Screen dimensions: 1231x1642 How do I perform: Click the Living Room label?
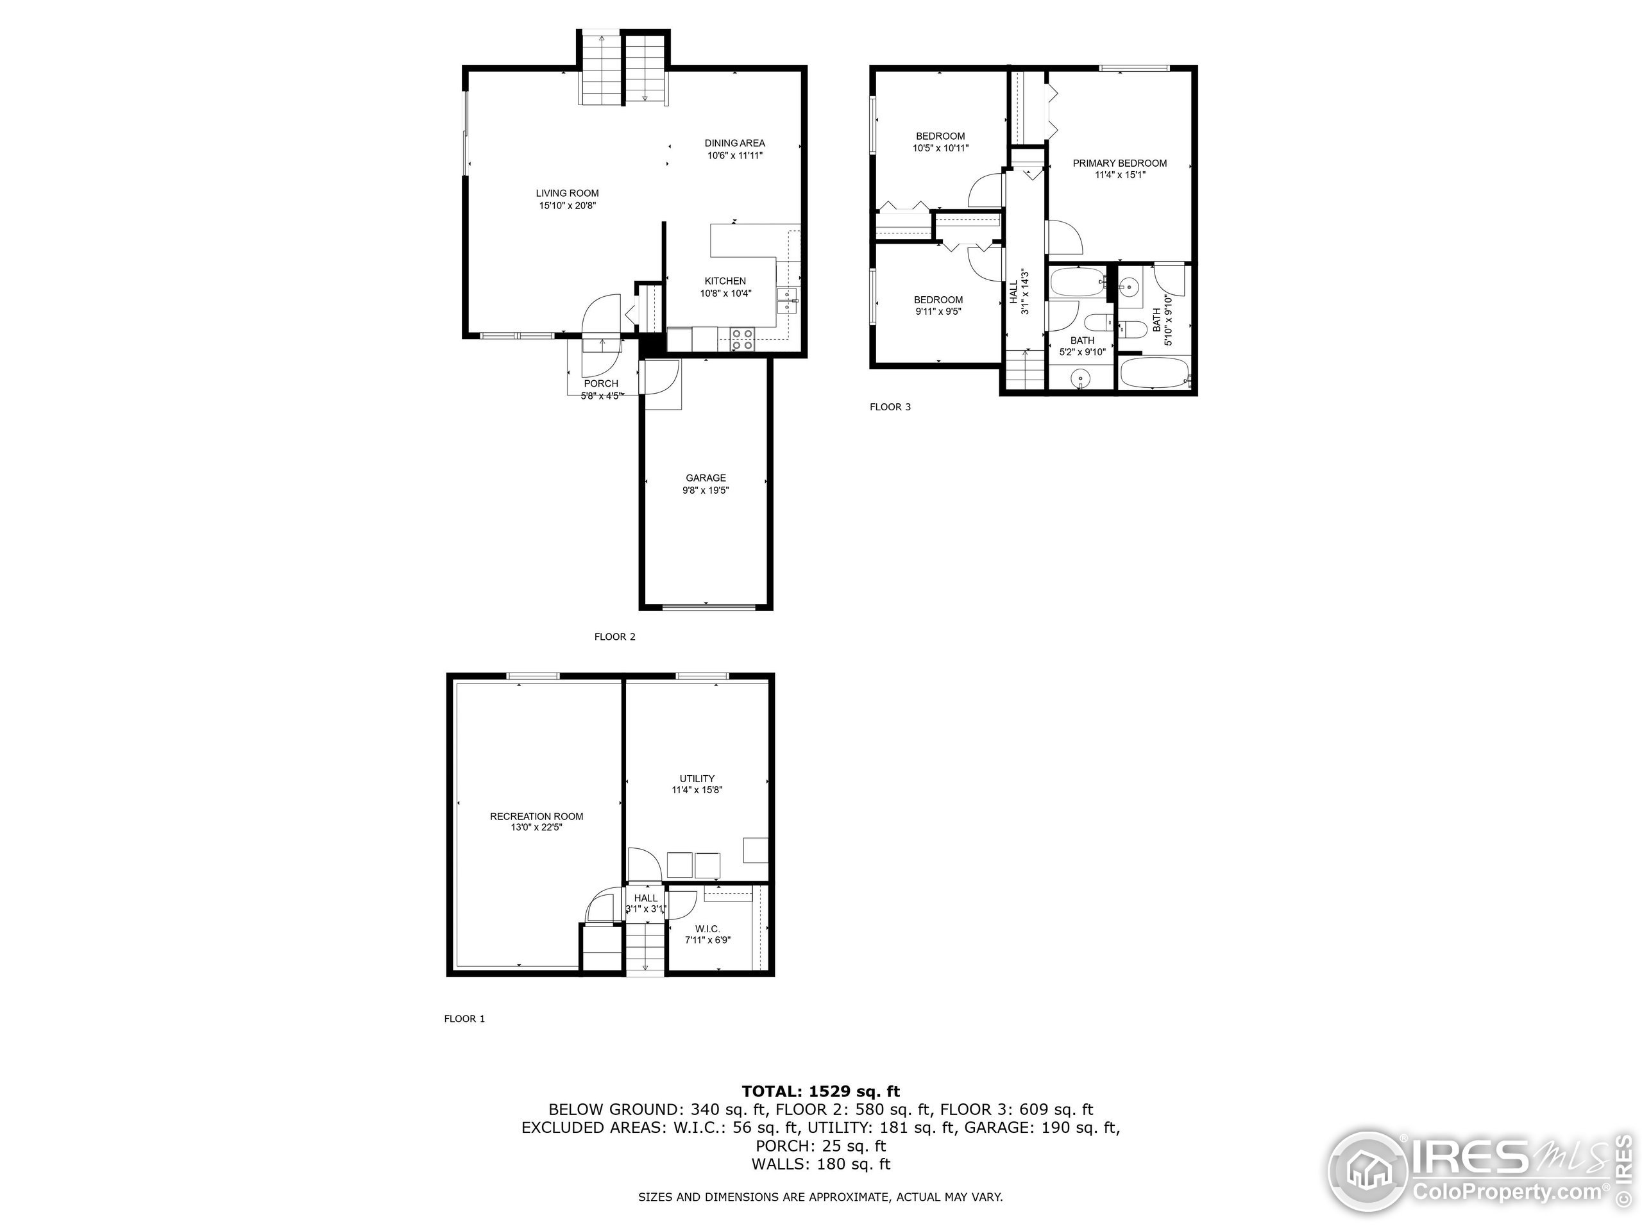[567, 193]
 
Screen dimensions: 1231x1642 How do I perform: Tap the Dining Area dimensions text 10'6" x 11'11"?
[734, 156]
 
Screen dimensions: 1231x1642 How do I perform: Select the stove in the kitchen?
[741, 339]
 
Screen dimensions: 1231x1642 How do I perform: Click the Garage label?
[705, 478]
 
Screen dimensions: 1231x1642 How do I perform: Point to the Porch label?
[600, 383]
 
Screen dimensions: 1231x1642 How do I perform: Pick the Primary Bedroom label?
[1119, 163]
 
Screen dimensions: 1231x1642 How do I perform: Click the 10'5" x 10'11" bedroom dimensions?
[940, 148]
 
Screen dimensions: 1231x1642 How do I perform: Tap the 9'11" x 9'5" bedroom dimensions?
[938, 312]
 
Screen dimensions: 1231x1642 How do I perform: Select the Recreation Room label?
[536, 816]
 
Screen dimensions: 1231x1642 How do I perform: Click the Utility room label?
[697, 778]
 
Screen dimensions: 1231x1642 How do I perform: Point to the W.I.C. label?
[707, 929]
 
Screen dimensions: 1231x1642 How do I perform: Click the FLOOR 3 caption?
[889, 406]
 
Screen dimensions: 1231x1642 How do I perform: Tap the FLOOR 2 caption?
[614, 637]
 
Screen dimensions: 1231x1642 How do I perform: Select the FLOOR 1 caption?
[464, 1019]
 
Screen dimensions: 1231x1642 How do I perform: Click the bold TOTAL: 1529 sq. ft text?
[820, 1091]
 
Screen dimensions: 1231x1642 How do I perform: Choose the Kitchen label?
[725, 280]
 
